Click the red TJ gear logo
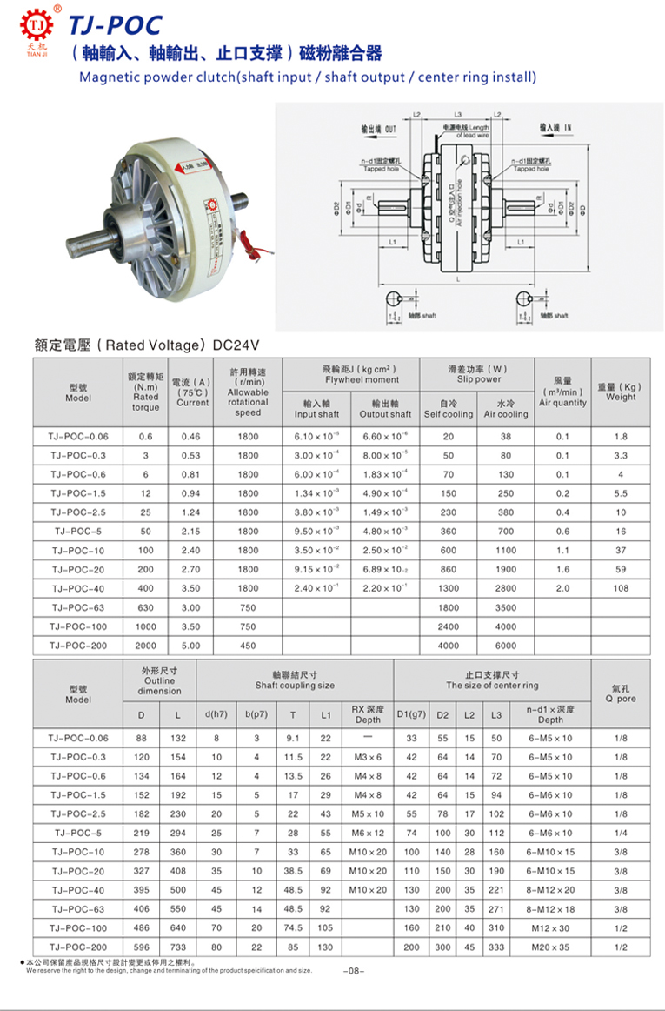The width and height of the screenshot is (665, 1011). click(36, 27)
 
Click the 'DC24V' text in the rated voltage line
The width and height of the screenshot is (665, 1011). click(235, 345)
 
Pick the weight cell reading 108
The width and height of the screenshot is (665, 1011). click(621, 588)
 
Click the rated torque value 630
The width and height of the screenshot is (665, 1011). click(145, 607)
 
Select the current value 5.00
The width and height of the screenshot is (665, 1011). click(192, 646)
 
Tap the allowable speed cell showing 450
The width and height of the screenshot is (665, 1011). click(248, 646)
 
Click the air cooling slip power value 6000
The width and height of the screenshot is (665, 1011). click(506, 646)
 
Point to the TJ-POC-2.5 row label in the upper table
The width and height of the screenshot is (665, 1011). click(77, 512)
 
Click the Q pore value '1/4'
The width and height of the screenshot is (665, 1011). click(621, 833)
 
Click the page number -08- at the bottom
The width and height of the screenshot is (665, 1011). click(354, 970)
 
